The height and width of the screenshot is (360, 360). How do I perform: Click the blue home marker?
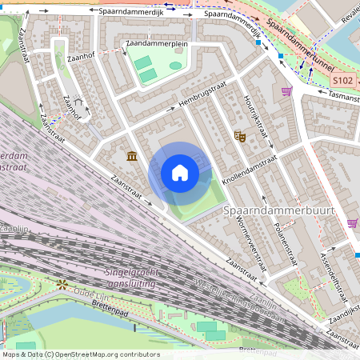[180, 172]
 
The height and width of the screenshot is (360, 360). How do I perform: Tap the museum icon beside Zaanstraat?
[131, 154]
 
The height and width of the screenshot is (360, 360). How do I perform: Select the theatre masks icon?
[238, 137]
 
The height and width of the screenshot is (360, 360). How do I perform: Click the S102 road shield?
[343, 81]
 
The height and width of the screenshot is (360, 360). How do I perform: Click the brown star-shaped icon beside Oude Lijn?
[61, 284]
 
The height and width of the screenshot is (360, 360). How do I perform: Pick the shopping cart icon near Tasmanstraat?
[286, 91]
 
